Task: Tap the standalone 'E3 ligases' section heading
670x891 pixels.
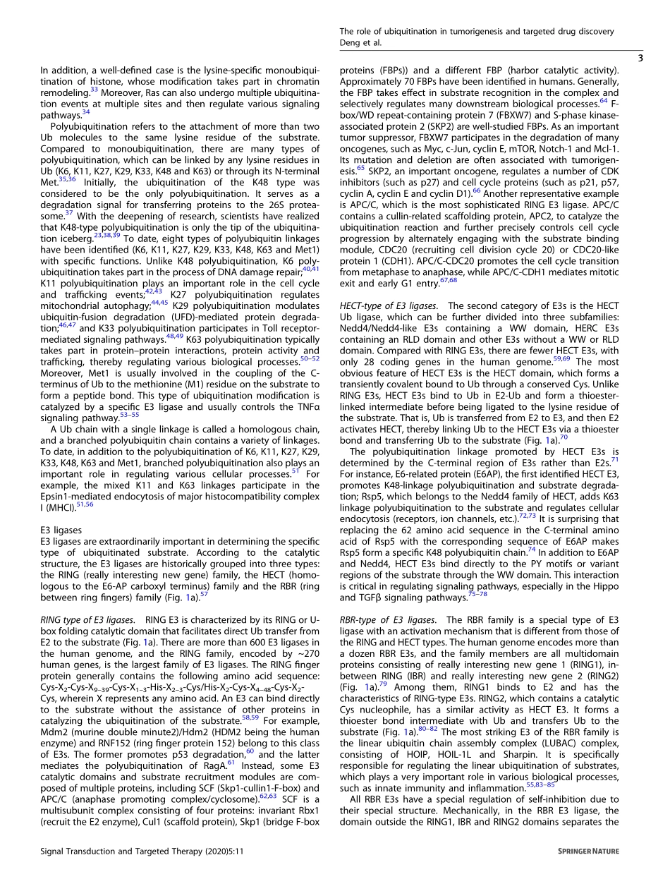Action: click(61, 529)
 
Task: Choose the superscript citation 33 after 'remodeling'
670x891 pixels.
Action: click(94, 90)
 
